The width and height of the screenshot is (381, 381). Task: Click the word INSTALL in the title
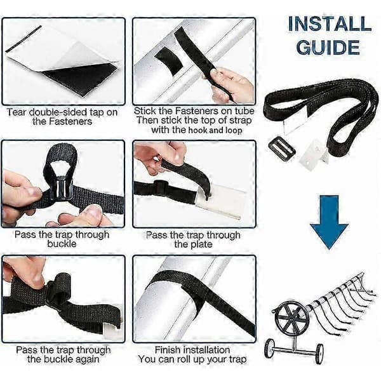tap(330, 24)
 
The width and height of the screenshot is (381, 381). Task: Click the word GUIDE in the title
tap(328, 48)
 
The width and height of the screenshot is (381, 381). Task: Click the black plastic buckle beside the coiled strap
tap(282, 148)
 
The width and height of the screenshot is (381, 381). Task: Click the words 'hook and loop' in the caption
tap(215, 130)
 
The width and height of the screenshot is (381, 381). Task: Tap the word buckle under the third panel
tap(62, 244)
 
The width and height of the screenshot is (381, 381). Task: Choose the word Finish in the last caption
tap(168, 350)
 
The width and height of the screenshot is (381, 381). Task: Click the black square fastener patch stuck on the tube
tap(169, 62)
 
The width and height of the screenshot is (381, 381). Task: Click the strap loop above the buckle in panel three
tap(60, 157)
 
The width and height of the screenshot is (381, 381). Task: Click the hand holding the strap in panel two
tap(230, 84)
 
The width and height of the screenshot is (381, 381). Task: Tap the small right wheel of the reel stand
tap(319, 354)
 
